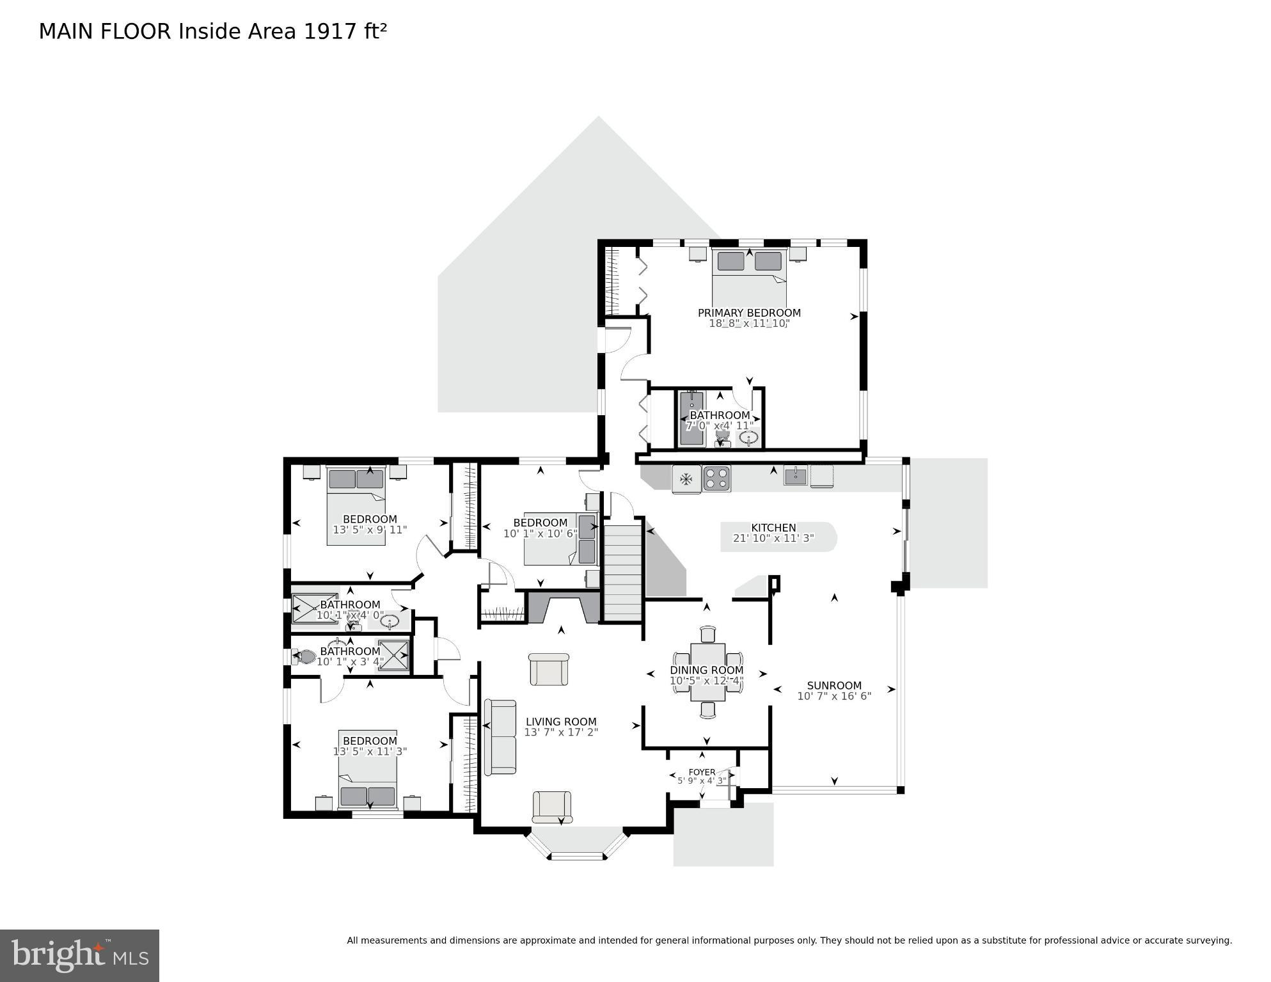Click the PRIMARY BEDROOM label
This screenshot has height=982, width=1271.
coord(748,313)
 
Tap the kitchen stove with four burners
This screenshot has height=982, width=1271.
coord(716,479)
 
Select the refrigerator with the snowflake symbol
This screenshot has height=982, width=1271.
coord(686,479)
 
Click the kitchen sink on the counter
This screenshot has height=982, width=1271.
coord(796,476)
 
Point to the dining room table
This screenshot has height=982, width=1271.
coord(707,672)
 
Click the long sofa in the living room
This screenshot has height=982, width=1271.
coord(500,737)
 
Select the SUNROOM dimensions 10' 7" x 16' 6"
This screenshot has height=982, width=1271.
coord(834,696)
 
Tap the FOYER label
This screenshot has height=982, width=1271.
coord(702,772)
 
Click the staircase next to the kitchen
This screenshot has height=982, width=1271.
coord(623,572)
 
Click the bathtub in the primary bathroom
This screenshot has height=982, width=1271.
coord(691,418)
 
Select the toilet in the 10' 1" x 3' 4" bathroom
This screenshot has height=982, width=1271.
coord(304,656)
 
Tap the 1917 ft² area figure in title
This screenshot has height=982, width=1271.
coord(345,31)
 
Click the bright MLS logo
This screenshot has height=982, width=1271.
coord(79,955)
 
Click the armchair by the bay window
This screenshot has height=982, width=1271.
coord(552,807)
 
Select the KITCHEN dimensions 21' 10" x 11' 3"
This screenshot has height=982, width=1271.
coord(773,539)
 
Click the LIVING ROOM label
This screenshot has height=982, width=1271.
coord(561,722)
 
